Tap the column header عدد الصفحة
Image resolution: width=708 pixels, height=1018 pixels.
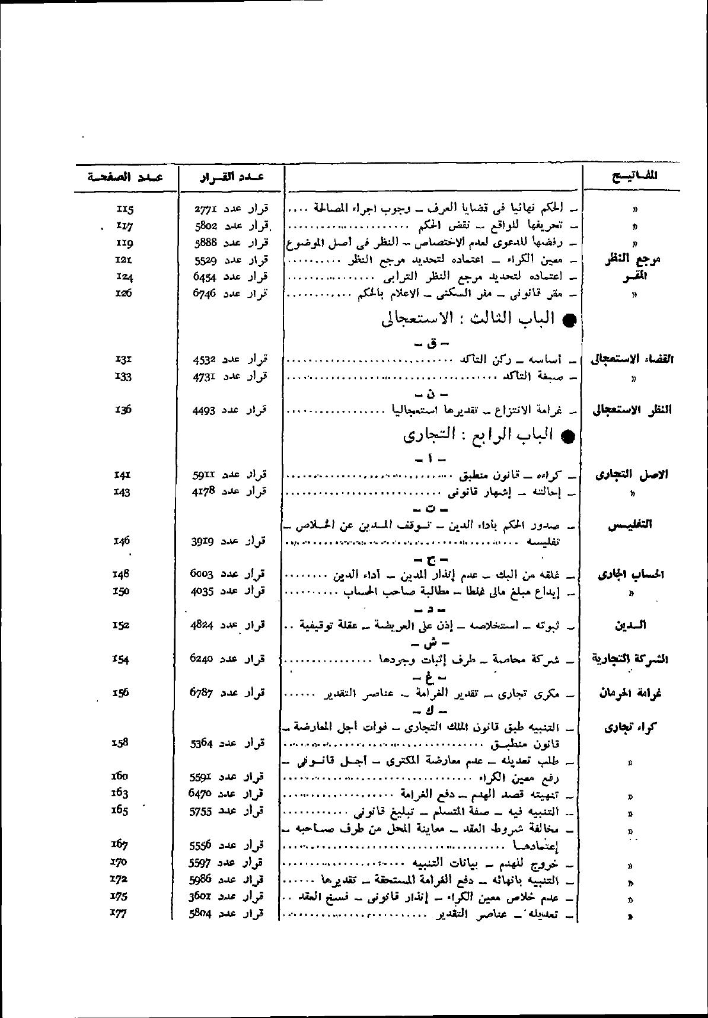(x=125, y=176)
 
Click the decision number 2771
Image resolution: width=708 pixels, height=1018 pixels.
(x=206, y=209)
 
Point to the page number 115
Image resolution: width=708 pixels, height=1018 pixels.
(x=126, y=209)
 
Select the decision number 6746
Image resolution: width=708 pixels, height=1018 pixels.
(x=206, y=293)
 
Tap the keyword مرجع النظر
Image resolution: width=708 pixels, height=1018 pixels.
(x=633, y=260)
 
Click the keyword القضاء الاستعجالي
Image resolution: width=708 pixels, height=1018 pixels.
(x=632, y=359)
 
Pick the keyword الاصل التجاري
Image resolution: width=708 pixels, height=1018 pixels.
(x=632, y=475)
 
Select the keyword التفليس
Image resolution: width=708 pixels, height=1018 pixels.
(x=632, y=525)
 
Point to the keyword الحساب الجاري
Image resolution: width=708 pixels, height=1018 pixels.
(x=632, y=575)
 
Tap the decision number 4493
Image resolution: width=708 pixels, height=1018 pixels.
(x=206, y=410)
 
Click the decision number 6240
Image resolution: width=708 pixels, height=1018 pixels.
(x=206, y=659)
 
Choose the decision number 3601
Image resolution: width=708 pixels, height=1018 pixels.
(x=205, y=896)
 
